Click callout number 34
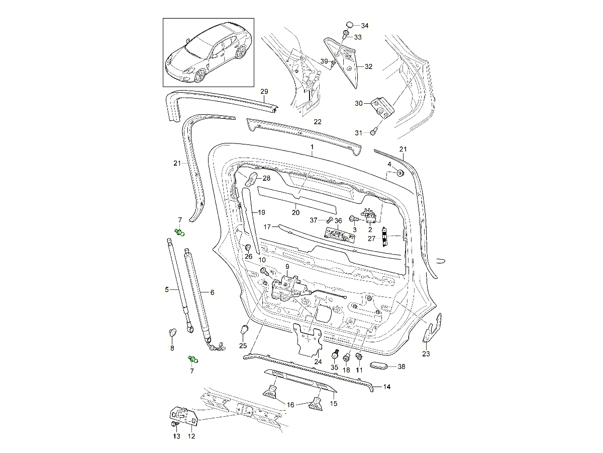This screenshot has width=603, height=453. [x=365, y=26]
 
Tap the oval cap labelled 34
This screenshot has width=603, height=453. [x=350, y=25]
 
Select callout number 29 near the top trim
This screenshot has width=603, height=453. [x=264, y=91]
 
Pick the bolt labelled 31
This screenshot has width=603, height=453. [x=373, y=132]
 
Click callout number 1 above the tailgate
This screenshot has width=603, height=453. [x=312, y=147]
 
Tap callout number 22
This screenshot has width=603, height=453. [x=318, y=122]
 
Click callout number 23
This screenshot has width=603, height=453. [x=426, y=354]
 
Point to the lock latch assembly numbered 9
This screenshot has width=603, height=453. [x=285, y=290]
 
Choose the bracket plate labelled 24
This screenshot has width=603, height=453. [x=308, y=337]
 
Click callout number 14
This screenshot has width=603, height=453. [x=387, y=387]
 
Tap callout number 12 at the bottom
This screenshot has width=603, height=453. [x=191, y=436]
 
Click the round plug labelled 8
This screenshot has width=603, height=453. [x=172, y=332]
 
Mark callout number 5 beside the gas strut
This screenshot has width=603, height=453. [x=167, y=289]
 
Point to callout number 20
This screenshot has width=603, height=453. [x=295, y=212]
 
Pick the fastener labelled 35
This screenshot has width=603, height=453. [x=335, y=356]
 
